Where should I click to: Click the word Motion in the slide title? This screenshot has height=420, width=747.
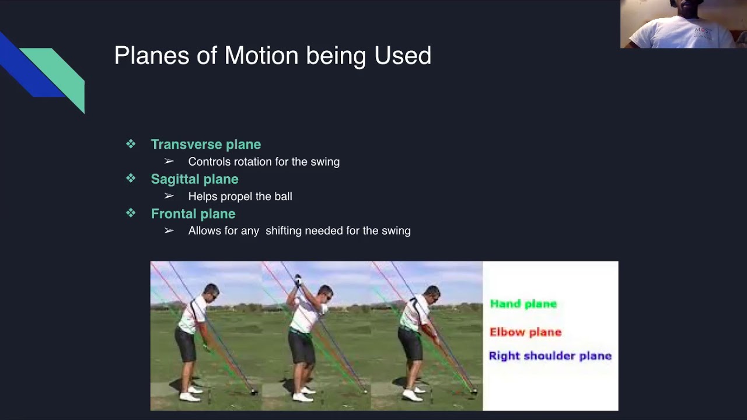click(x=261, y=55)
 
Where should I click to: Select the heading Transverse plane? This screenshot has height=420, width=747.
click(x=206, y=144)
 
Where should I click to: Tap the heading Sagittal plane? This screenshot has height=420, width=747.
click(x=195, y=179)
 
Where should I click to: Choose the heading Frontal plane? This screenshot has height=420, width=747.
click(x=193, y=214)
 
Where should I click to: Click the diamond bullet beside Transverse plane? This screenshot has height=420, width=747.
click(x=131, y=144)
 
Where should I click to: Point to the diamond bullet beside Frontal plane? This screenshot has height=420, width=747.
click(x=131, y=213)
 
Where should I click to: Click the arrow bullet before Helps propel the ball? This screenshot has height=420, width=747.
click(x=169, y=196)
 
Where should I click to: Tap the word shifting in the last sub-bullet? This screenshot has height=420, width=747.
click(x=284, y=230)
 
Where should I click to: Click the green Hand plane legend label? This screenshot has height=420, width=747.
click(x=523, y=304)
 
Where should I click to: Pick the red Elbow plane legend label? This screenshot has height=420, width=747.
click(x=526, y=332)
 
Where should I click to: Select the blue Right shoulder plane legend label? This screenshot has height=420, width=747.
click(x=550, y=356)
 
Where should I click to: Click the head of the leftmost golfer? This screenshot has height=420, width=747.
click(x=211, y=292)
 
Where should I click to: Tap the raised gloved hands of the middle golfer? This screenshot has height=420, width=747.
click(x=298, y=280)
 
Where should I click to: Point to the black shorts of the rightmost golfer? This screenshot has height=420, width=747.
click(x=410, y=344)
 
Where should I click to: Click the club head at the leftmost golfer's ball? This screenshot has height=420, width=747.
click(x=254, y=393)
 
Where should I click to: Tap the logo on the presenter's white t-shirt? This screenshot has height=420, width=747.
click(x=703, y=32)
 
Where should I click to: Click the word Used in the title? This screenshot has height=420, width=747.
click(x=403, y=55)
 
